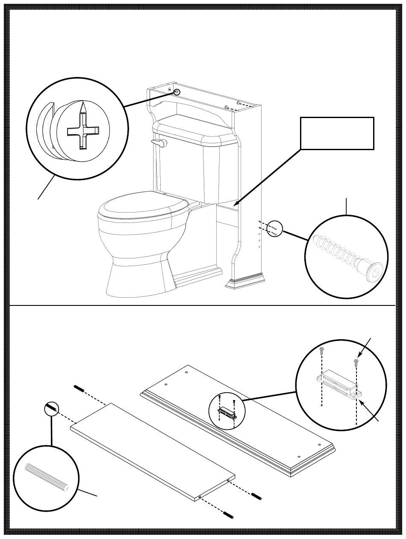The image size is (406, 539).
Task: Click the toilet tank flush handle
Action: point(159,143)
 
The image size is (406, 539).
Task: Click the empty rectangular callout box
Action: point(337,133)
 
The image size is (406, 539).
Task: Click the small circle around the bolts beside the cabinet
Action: point(275,228)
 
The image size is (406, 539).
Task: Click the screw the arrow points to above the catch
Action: point(356,362)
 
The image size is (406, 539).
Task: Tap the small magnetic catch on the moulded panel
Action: point(227,413)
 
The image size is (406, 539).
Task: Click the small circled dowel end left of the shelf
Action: point(52,409)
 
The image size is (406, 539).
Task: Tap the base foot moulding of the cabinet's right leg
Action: point(244,282)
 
